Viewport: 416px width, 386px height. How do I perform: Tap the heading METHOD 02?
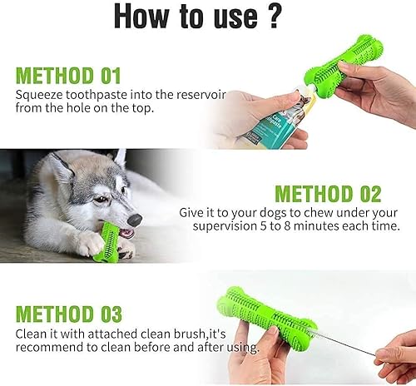(x=328, y=194)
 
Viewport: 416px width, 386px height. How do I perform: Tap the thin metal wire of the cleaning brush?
(x=349, y=339)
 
